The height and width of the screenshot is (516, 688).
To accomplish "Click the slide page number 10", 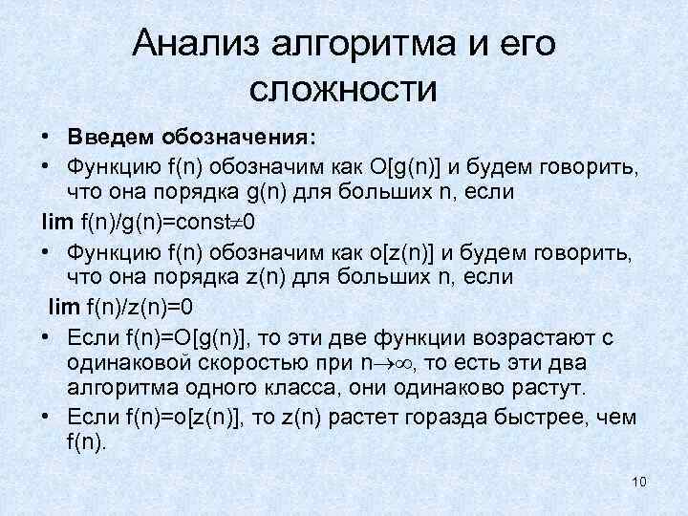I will [x=639, y=481].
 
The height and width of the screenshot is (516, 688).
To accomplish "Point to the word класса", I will [x=325, y=390].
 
